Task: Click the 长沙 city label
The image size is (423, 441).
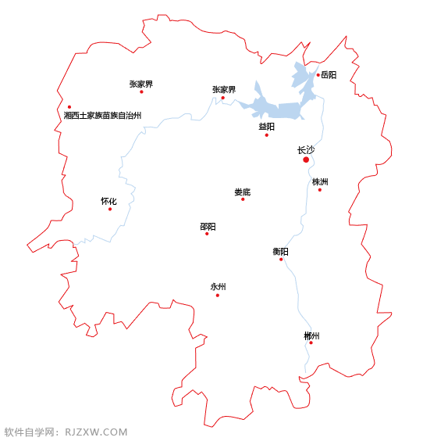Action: tap(306, 149)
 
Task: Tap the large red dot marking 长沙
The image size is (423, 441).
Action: tap(306, 160)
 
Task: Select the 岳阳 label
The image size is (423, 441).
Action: tap(329, 75)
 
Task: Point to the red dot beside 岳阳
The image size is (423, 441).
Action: tap(318, 75)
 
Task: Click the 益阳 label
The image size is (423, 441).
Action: tap(266, 126)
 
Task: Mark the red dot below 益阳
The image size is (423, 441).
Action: tap(266, 135)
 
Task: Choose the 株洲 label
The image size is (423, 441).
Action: tap(320, 181)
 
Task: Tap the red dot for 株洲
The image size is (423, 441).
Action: tap(319, 190)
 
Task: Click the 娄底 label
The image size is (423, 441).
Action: tap(243, 192)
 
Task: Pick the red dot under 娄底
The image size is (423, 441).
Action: tap(243, 199)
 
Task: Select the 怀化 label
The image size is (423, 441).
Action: tap(108, 201)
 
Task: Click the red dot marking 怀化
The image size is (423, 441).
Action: tap(110, 209)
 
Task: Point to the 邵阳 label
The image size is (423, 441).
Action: tap(208, 226)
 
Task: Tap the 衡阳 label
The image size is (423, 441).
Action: tap(280, 251)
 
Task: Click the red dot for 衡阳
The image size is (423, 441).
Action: tap(281, 259)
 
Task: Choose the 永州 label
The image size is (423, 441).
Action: tap(218, 286)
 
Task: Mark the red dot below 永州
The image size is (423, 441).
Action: tap(218, 295)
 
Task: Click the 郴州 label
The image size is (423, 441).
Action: tap(311, 335)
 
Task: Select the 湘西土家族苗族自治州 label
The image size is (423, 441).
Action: tap(103, 115)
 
